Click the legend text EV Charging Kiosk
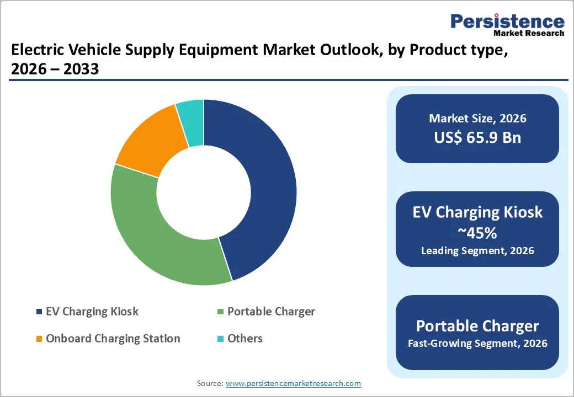click(92, 312)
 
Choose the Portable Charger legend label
click(271, 312)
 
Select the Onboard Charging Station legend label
click(113, 339)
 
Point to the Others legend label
click(245, 339)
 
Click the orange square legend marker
click(39, 339)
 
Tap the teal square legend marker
click(220, 339)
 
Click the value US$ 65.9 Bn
click(477, 137)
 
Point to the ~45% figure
click(477, 233)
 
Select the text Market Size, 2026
click(477, 119)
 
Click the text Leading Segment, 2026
click(477, 251)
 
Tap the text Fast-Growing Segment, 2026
click(477, 344)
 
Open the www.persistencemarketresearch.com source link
click(293, 383)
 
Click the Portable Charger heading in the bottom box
click(477, 325)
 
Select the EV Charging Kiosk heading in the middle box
click(477, 212)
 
